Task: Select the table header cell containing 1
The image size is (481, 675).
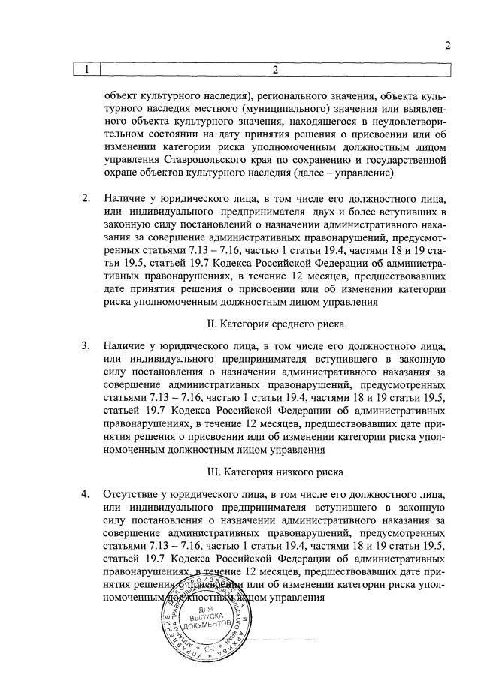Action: point(87,71)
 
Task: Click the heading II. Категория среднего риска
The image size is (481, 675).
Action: point(275,324)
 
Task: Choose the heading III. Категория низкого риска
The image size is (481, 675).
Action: point(275,472)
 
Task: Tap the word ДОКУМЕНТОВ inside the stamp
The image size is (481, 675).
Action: point(202,625)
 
